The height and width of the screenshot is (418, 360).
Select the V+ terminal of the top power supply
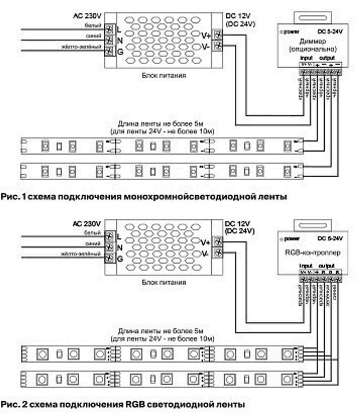coord(217,35)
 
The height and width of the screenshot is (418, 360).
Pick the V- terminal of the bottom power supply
coord(217,253)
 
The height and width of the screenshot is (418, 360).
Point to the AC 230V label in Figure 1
coord(87,17)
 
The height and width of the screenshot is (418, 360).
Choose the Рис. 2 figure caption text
coord(122,404)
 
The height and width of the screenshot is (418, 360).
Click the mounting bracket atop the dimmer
coord(312,17)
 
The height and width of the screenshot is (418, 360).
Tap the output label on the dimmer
coord(327,58)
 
